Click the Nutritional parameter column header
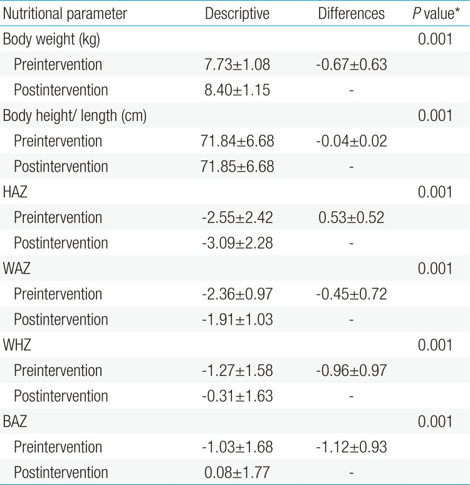[65, 14]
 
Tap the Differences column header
[352, 14]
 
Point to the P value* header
[435, 14]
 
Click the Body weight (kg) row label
[51, 39]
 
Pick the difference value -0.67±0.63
[352, 65]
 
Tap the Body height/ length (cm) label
[75, 116]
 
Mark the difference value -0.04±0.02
[352, 142]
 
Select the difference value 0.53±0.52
[352, 218]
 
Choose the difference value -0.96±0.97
[352, 371]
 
